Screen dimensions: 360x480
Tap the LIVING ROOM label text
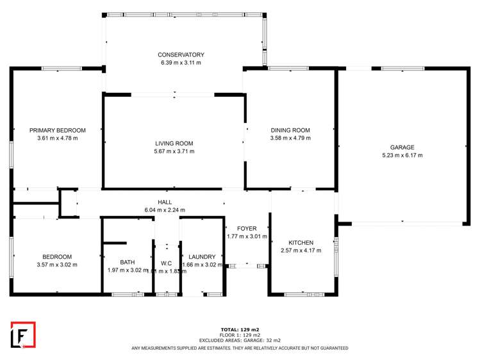(x=174, y=143)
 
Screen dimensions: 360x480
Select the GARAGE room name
(x=402, y=147)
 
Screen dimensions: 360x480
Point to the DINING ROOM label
(x=290, y=130)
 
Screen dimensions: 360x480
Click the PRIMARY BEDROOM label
(x=57, y=130)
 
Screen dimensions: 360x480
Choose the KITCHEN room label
(x=301, y=243)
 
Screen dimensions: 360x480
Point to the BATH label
(x=127, y=262)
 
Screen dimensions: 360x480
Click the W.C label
(x=166, y=263)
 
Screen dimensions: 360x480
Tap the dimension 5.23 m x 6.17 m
(x=402, y=155)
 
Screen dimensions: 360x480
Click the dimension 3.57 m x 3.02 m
(x=57, y=265)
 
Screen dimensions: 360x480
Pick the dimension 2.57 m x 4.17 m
(x=301, y=250)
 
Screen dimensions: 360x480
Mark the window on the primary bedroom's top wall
(x=66, y=69)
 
